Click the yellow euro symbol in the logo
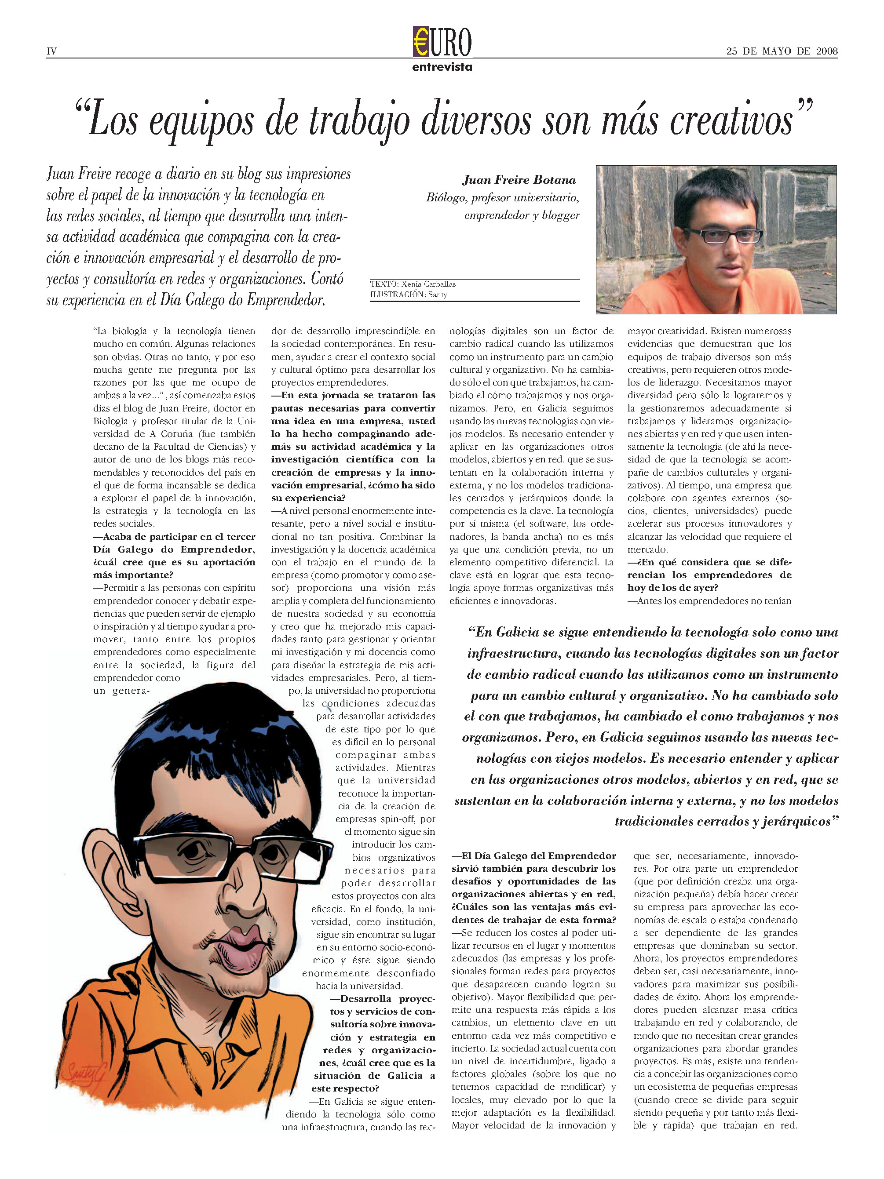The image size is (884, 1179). [x=421, y=42]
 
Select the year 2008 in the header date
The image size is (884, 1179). [x=826, y=51]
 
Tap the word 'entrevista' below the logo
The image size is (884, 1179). [x=442, y=67]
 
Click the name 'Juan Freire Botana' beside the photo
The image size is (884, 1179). [x=519, y=180]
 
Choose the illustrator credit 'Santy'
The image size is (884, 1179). [x=437, y=295]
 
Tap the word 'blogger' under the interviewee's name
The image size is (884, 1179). [x=560, y=215]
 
